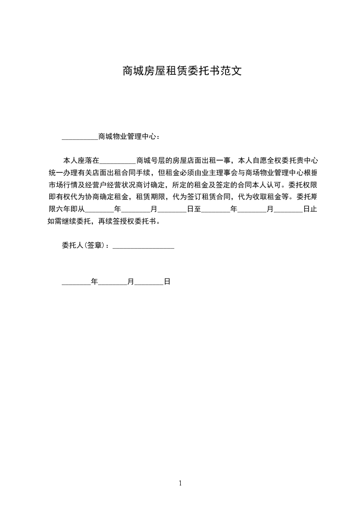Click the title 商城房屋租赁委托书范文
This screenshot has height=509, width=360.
[180, 71]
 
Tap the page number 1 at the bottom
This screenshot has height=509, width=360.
[180, 483]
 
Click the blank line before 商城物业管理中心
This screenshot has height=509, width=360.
[79, 136]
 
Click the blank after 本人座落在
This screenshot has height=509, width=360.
[117, 161]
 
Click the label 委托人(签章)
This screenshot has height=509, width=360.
[85, 245]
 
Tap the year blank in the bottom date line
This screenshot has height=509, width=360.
[76, 282]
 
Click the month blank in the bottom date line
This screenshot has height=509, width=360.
[113, 282]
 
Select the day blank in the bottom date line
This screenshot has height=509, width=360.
[149, 282]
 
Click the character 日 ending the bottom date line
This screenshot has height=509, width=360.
[167, 282]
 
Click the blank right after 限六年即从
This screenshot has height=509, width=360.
[99, 210]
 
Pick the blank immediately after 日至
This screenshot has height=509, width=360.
[216, 210]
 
